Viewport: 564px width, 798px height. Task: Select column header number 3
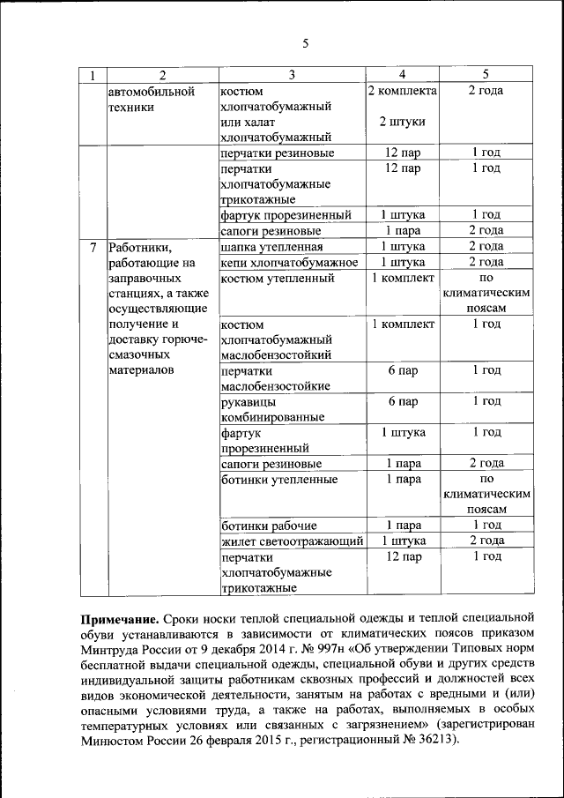tap(291, 75)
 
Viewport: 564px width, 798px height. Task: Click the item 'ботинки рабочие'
tap(263, 526)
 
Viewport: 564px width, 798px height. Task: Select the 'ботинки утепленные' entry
tap(279, 480)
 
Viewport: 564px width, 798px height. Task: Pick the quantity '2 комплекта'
tap(402, 91)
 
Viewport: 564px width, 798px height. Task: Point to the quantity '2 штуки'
tap(402, 122)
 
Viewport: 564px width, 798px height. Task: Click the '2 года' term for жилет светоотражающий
tap(486, 541)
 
